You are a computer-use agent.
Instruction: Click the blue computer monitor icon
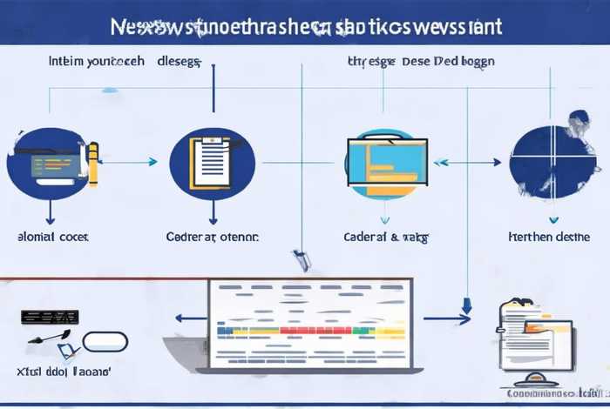[388, 161]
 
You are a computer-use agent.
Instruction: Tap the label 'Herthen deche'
[549, 236]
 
